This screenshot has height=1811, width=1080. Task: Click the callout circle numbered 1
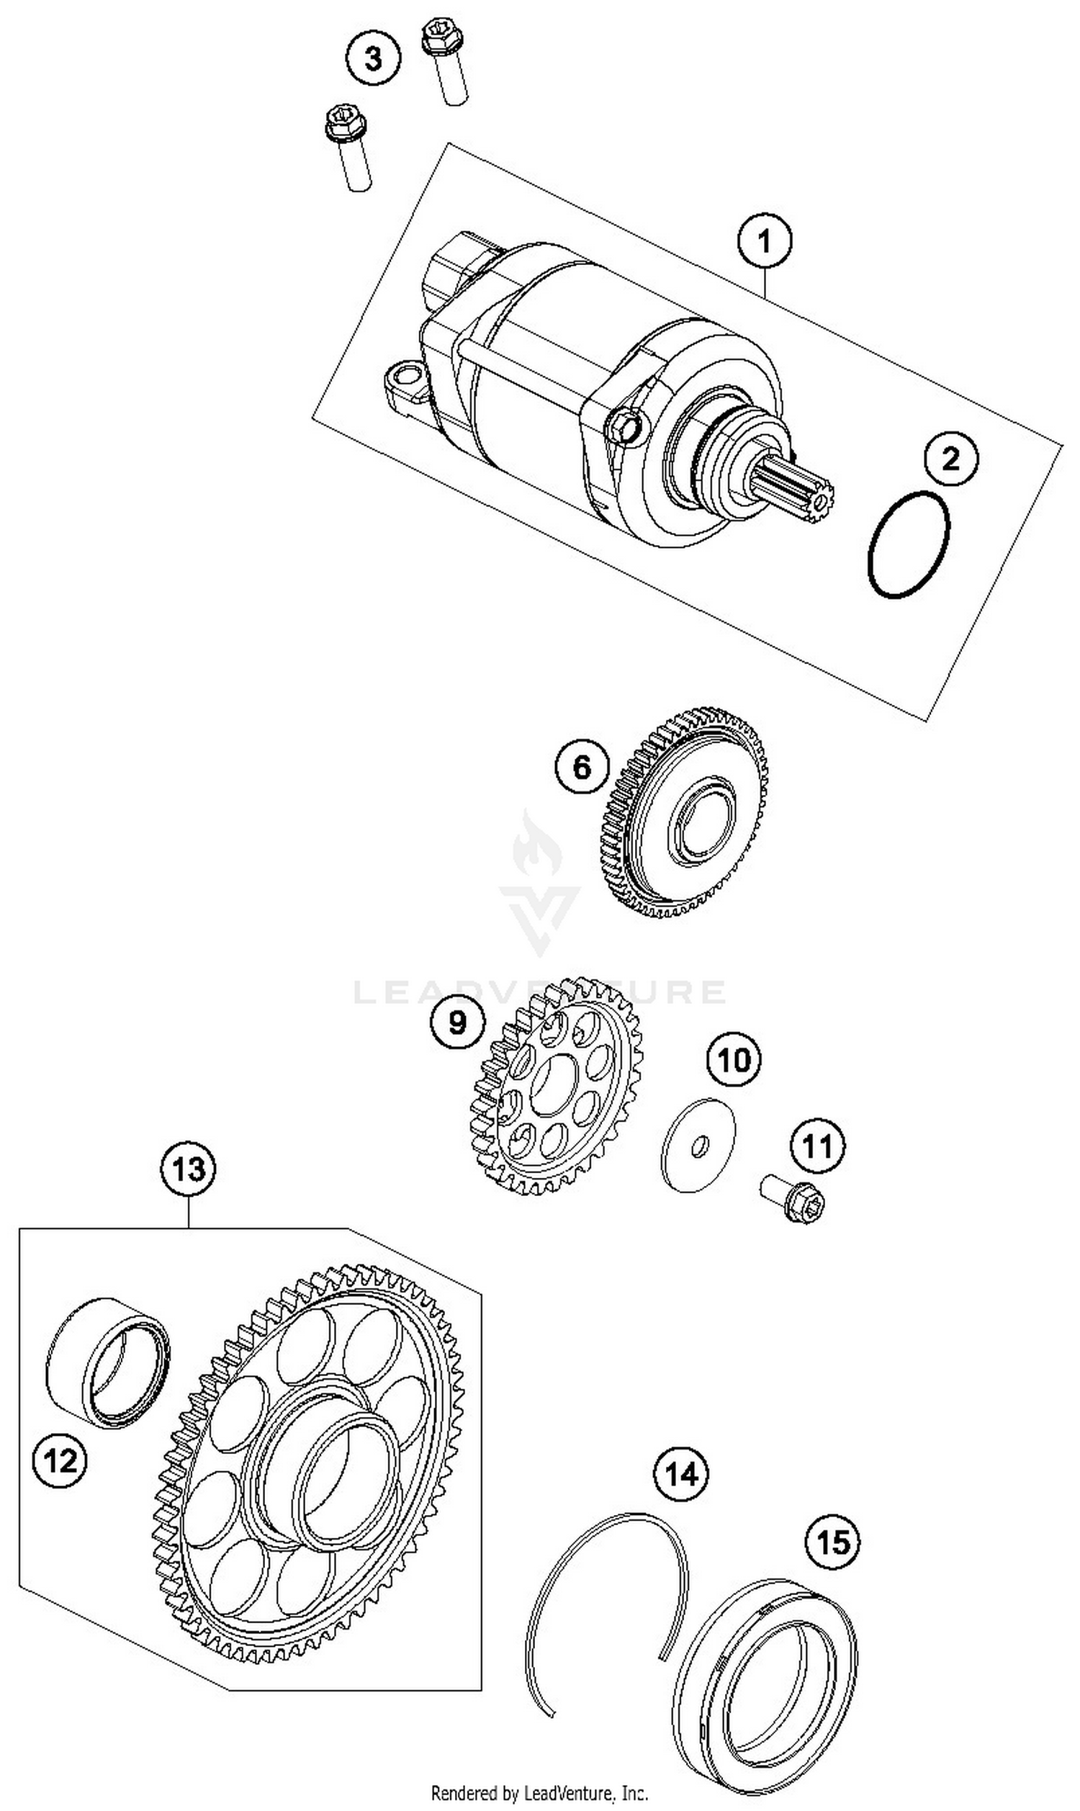tap(764, 240)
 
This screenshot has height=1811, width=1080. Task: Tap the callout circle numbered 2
tap(951, 459)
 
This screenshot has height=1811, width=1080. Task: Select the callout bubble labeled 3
tap(374, 58)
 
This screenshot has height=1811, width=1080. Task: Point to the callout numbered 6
tap(582, 766)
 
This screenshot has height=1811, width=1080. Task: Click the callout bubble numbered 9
tap(457, 1023)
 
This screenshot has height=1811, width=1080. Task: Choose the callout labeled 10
tap(734, 1060)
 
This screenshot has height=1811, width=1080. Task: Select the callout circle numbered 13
tap(189, 1169)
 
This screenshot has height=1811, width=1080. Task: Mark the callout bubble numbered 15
tap(832, 1541)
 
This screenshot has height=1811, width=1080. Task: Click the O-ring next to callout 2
tap(909, 545)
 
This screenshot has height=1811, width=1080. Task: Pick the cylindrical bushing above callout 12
tap(108, 1362)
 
